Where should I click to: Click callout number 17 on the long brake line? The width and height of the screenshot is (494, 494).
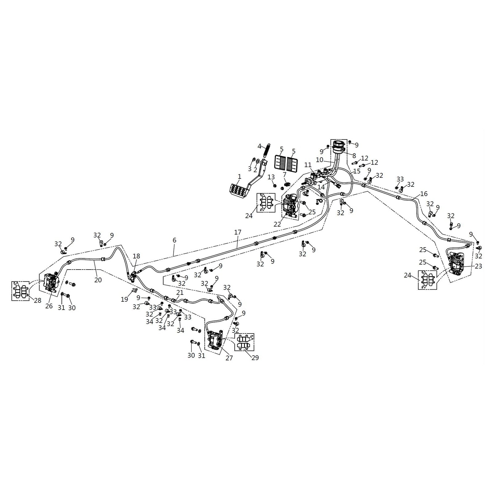click(x=237, y=232)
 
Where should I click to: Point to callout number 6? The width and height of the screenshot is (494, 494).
click(x=174, y=240)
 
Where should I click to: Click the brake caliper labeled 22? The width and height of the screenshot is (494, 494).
click(x=290, y=205)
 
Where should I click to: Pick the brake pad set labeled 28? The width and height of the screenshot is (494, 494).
click(x=20, y=291)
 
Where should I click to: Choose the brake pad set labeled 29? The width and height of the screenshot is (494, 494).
click(x=245, y=342)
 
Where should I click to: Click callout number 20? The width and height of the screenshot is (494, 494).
click(x=98, y=280)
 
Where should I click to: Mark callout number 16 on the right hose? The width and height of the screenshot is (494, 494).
click(x=424, y=194)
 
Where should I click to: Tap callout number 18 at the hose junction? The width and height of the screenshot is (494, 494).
click(x=136, y=256)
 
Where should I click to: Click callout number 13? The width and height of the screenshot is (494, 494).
click(x=271, y=177)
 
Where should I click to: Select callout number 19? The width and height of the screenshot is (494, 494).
click(x=124, y=299)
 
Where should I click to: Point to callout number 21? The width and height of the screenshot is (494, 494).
click(x=180, y=292)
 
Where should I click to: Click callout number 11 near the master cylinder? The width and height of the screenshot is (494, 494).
click(x=308, y=165)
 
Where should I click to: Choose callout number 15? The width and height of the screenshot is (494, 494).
click(x=357, y=171)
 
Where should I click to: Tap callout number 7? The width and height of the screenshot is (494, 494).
click(x=284, y=175)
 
